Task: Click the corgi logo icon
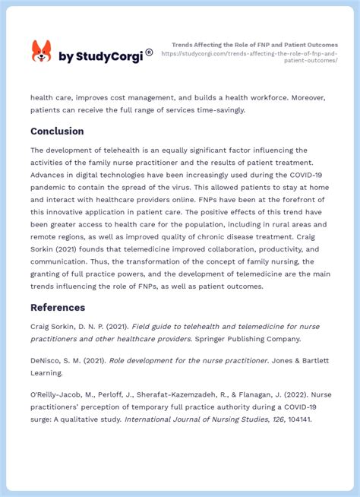point(41,51)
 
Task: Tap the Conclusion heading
point(57,131)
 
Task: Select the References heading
point(58,307)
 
